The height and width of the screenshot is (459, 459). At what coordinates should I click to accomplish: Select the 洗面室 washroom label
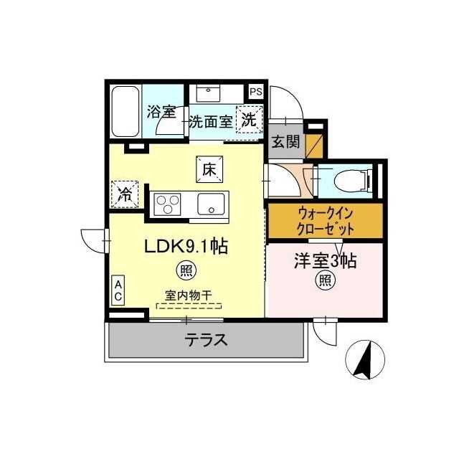tap(210, 121)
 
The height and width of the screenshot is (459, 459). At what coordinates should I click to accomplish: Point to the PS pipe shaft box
tap(255, 91)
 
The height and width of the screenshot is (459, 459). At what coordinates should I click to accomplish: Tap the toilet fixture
tap(349, 179)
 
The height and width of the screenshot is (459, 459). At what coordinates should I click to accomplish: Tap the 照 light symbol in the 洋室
tap(325, 282)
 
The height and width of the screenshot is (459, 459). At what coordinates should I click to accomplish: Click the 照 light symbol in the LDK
tap(186, 270)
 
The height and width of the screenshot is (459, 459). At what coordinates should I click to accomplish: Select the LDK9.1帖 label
tap(186, 247)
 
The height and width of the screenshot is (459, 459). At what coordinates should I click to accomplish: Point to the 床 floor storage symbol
tap(208, 170)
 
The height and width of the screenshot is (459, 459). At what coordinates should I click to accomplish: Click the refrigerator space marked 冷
tap(125, 193)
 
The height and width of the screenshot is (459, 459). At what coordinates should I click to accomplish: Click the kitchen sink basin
tap(212, 204)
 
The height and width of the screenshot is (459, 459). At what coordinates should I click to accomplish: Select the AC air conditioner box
tap(118, 290)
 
